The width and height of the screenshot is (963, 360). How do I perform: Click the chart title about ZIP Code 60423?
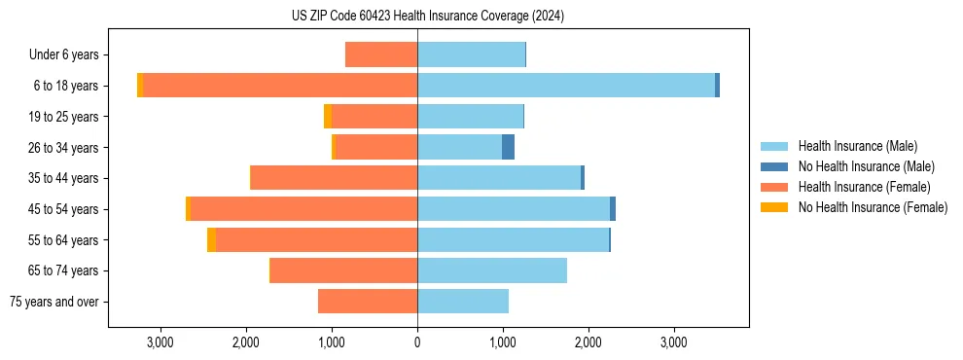tap(428, 16)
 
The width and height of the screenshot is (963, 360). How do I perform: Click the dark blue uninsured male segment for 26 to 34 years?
tap(508, 147)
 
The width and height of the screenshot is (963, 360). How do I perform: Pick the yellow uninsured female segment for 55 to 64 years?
tap(211, 240)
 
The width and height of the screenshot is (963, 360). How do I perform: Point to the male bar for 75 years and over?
tap(463, 302)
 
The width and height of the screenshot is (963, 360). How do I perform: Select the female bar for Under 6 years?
tap(381, 54)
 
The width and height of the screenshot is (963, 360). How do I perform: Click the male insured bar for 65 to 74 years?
tap(492, 270)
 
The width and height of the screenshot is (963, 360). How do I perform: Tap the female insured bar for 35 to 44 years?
tap(334, 178)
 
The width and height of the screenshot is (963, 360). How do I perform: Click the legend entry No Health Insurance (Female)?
tap(873, 207)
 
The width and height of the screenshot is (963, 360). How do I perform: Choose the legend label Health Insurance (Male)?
tap(857, 146)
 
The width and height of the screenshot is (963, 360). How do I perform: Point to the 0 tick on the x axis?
tap(417, 342)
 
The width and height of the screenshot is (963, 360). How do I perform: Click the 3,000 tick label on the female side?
tap(160, 342)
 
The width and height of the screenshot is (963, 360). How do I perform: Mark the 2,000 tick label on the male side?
tap(588, 342)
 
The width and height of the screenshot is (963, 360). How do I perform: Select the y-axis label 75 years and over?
tap(54, 302)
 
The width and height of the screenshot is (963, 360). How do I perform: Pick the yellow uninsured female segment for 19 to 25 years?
tap(328, 117)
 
